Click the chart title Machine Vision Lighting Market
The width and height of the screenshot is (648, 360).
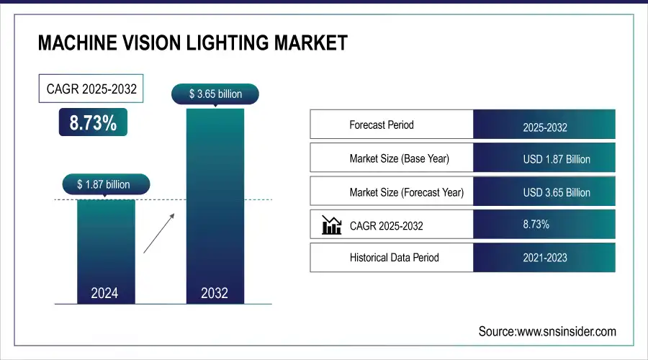pyautogui.click(x=192, y=44)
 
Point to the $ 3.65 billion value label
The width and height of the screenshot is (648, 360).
pyautogui.click(x=215, y=94)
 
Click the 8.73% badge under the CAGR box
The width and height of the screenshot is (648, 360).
pyautogui.click(x=93, y=123)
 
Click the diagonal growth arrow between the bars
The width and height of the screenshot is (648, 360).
pyautogui.click(x=158, y=232)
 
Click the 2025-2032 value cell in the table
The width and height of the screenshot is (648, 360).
pyautogui.click(x=545, y=128)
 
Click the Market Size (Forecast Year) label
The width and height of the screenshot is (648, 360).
pyautogui.click(x=406, y=192)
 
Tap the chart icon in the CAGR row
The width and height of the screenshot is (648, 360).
pyautogui.click(x=331, y=225)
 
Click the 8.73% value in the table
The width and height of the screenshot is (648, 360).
pyautogui.click(x=536, y=225)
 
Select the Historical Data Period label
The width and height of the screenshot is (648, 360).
pyautogui.click(x=394, y=257)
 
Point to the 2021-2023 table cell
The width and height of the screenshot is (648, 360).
pyautogui.click(x=545, y=258)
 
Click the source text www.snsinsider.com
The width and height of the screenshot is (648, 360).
pyautogui.click(x=547, y=331)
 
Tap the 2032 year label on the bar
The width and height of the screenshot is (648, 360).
pyautogui.click(x=215, y=293)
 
